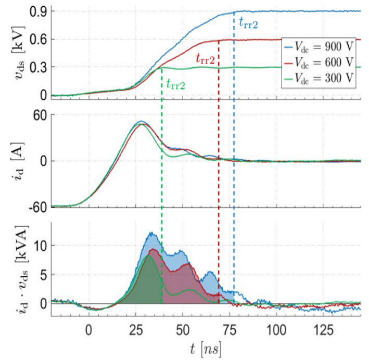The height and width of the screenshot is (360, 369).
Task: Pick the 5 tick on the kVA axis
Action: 44,274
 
